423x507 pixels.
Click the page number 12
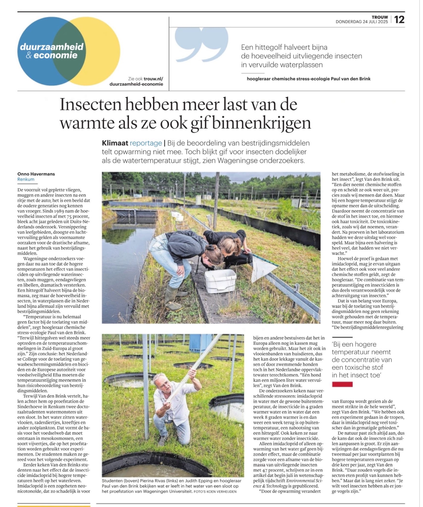[x=399, y=20]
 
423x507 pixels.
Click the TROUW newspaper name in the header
[x=380, y=17]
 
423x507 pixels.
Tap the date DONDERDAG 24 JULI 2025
[x=362, y=22]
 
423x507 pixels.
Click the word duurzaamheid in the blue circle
[x=52, y=47]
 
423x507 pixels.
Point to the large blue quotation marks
[x=202, y=44]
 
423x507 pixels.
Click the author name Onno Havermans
[x=36, y=174]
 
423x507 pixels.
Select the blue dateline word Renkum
[x=26, y=179]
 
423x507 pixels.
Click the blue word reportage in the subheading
[x=146, y=143]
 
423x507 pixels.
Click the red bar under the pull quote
[x=342, y=384]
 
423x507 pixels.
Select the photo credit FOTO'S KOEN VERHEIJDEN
[x=215, y=492]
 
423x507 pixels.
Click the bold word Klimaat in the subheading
[x=115, y=143]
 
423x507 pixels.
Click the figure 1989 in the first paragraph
[x=54, y=211]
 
